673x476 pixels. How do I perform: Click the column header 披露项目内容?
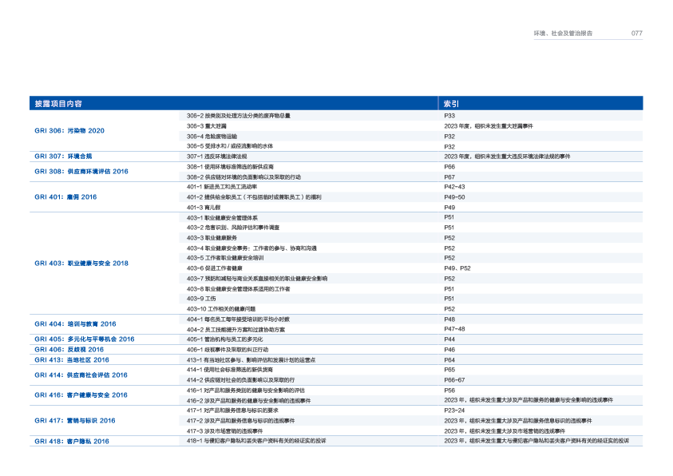[x=57, y=104]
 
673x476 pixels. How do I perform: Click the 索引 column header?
[x=451, y=104]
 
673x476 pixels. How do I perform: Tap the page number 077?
[x=636, y=34]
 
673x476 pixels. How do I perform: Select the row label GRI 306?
[x=69, y=130]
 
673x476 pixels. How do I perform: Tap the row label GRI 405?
[x=84, y=339]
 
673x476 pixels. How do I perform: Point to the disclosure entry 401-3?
[x=203, y=207]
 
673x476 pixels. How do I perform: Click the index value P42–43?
[x=455, y=186]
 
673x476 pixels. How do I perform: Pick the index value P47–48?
[x=455, y=328]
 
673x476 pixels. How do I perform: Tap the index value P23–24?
[x=455, y=410]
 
